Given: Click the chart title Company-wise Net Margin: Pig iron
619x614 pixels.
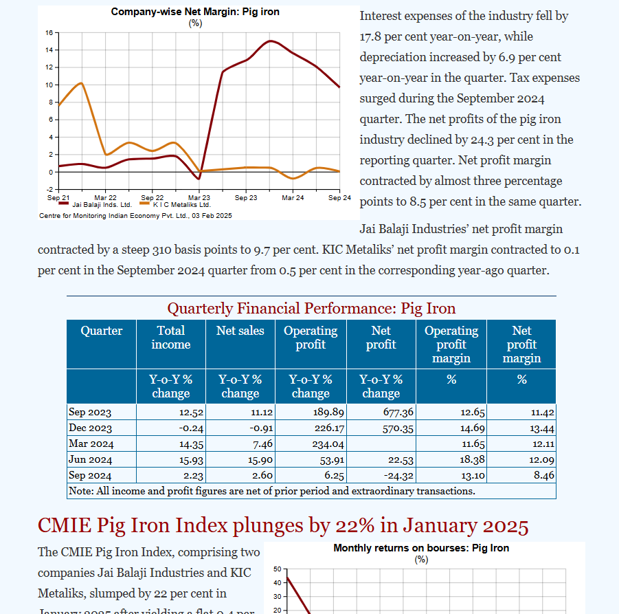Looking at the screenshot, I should click(x=195, y=12).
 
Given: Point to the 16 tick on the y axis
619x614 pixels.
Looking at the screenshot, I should click(x=49, y=32).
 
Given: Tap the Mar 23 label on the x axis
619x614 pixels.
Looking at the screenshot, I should click(x=199, y=198).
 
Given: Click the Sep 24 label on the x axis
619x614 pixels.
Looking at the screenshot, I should click(x=340, y=198).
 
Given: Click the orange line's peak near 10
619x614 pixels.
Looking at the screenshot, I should click(x=82, y=83).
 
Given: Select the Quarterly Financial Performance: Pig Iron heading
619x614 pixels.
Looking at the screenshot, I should click(x=311, y=308).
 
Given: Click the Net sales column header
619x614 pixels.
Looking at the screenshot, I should click(x=240, y=331).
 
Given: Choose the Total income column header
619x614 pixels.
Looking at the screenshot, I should click(x=170, y=338).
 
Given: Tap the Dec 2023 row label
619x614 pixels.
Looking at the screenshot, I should click(x=90, y=428).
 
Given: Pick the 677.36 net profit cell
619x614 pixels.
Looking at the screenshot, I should click(x=398, y=413).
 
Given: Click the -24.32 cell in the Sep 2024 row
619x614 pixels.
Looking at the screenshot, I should click(x=398, y=475).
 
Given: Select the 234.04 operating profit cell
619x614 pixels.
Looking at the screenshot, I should click(x=327, y=443).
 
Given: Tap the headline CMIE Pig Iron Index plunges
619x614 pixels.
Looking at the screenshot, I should click(x=282, y=525).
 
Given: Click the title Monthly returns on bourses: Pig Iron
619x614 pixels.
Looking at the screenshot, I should click(x=421, y=548).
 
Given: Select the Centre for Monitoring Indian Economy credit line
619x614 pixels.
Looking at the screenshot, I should click(x=135, y=215).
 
